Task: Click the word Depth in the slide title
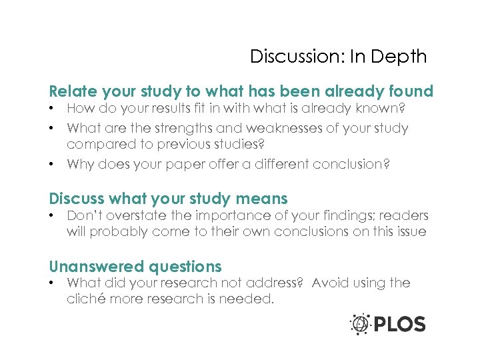coord(400,57)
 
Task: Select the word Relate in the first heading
coord(72,91)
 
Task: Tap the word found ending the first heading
coord(408,91)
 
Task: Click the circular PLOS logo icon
coord(361,325)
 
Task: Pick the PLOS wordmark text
coord(399,325)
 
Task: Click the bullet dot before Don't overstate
coord(53,216)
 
